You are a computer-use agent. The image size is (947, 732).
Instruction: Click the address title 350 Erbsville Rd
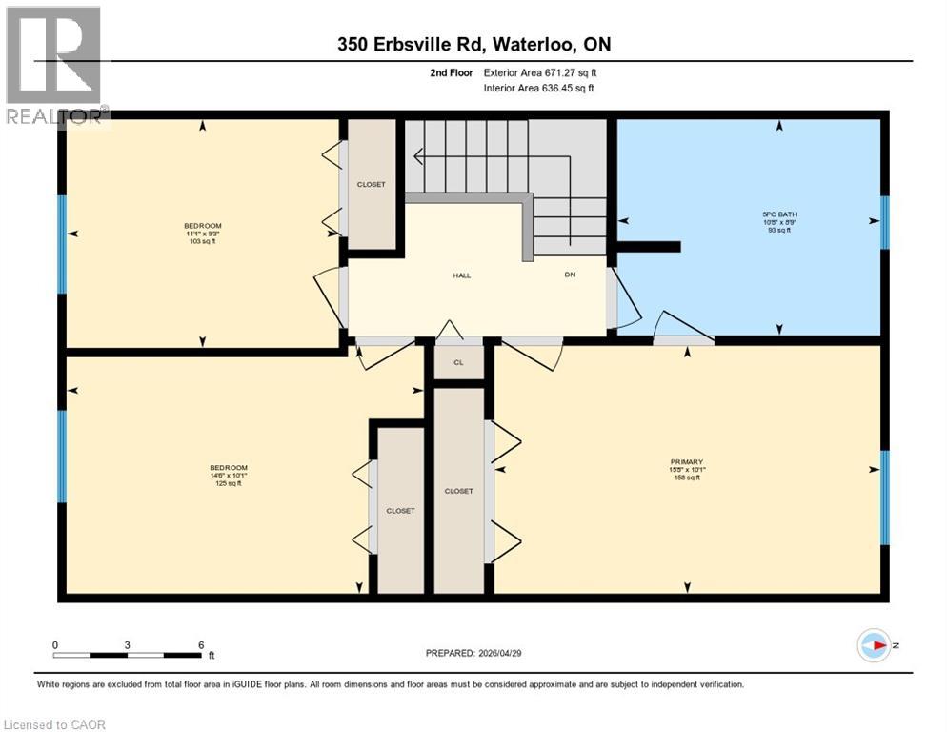473,43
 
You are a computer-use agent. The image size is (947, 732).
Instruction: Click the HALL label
461,275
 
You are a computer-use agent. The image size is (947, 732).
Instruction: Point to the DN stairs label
570,275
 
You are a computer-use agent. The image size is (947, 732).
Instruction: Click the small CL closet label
458,362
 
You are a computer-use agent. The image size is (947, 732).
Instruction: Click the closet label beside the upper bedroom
371,184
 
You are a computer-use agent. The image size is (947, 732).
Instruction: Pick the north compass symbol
874,645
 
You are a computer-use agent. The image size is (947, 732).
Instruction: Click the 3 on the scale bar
127,644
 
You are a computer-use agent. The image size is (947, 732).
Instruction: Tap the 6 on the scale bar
201,644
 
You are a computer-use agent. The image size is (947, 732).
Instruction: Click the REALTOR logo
54,65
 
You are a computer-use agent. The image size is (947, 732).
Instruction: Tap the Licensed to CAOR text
54,724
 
